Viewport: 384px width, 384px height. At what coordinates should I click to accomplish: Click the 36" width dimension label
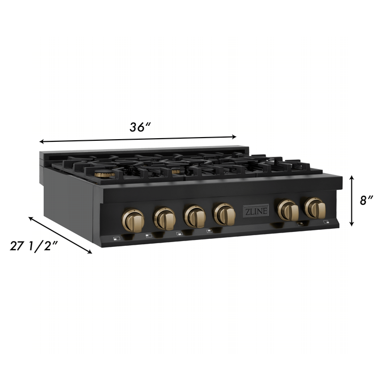coord(140,127)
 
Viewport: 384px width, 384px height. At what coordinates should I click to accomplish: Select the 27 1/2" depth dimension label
coord(34,246)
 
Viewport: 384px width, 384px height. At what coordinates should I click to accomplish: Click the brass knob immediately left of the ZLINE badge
coord(225,214)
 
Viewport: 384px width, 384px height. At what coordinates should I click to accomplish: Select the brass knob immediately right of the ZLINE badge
coord(289,210)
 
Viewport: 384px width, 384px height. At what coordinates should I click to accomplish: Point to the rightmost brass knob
coord(315,207)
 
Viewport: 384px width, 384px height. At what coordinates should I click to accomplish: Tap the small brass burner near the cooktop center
coord(175,172)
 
